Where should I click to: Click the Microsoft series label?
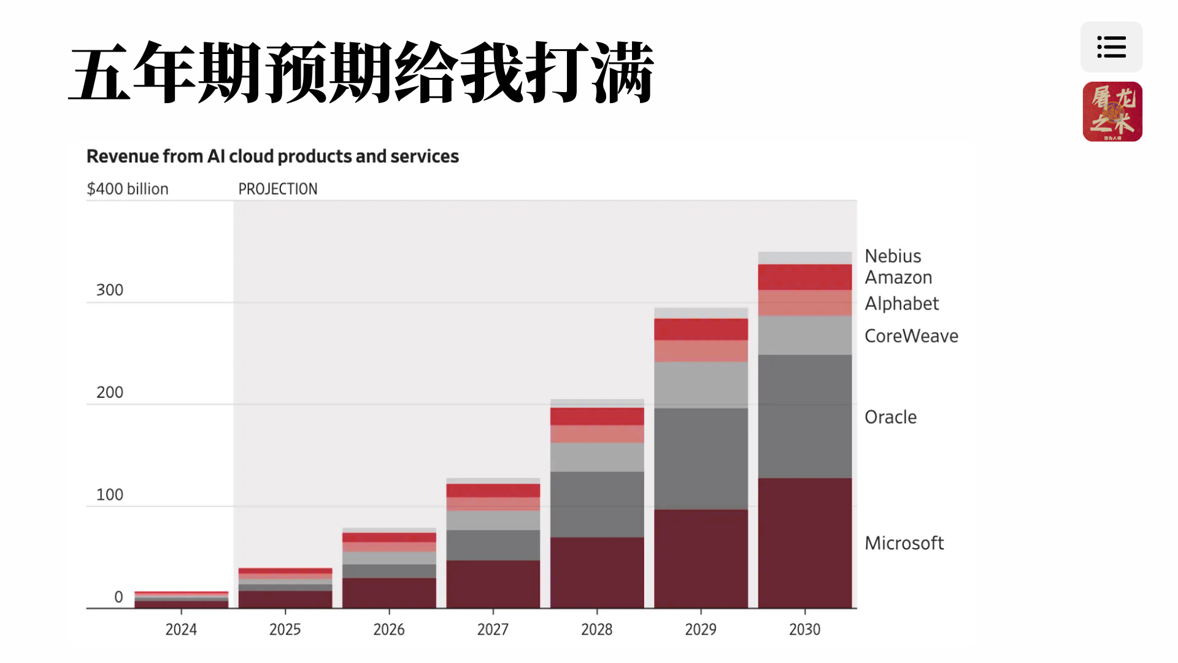(904, 543)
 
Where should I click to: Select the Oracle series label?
(890, 417)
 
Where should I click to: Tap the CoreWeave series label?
(911, 336)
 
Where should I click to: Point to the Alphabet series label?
(901, 304)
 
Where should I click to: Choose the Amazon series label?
(898, 278)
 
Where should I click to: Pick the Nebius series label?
(893, 256)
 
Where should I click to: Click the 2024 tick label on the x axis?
(181, 630)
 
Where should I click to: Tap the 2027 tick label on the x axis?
(493, 630)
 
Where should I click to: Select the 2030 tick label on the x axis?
(804, 630)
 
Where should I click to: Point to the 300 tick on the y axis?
(110, 290)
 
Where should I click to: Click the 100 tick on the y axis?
(110, 495)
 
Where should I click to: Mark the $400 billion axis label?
(128, 189)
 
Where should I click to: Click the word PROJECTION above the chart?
(278, 189)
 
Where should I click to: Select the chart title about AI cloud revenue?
(272, 157)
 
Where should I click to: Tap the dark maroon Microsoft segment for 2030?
(804, 543)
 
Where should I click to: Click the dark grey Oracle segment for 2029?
(701, 459)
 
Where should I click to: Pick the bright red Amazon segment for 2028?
(597, 416)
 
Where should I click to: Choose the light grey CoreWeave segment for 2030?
(804, 335)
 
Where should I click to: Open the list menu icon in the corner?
(1111, 47)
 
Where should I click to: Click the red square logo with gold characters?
(1112, 112)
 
